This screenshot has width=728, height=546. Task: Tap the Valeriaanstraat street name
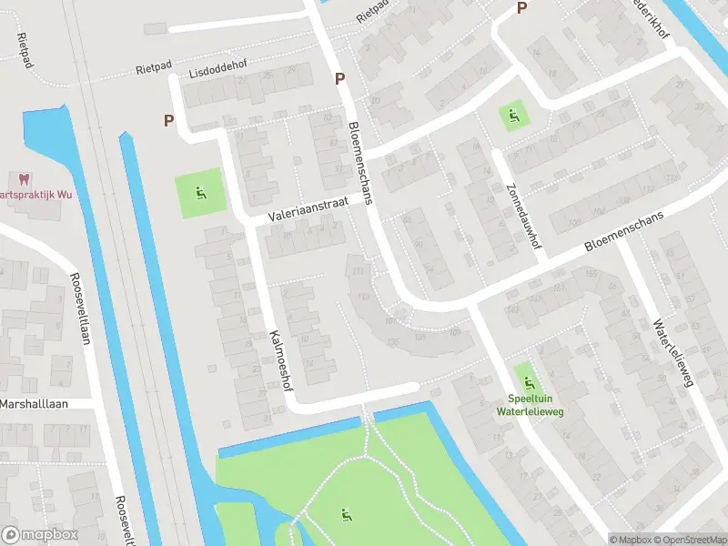point(308,211)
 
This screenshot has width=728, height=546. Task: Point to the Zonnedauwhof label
point(519,206)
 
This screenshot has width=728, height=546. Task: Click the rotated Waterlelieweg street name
point(672,352)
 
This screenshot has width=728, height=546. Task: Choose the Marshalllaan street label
point(35,403)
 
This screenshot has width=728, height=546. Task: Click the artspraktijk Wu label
point(35,195)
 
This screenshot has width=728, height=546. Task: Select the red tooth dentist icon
point(23,179)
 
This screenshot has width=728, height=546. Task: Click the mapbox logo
point(40,535)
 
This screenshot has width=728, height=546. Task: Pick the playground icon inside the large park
point(345,515)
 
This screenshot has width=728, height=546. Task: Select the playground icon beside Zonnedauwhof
point(512,116)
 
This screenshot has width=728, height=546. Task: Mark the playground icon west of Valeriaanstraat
point(199,192)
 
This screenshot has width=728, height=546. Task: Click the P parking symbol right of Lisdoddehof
point(339,79)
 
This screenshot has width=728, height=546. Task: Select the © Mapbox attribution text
point(630,540)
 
